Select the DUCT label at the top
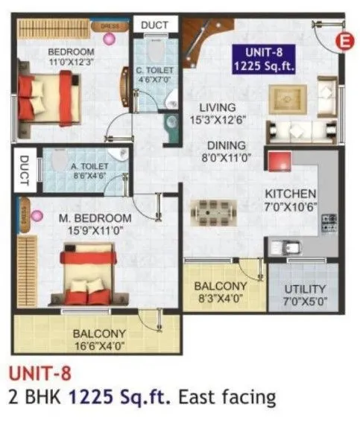pos(154,25)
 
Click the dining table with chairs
pos(214,213)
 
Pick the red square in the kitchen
pos(280,162)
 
